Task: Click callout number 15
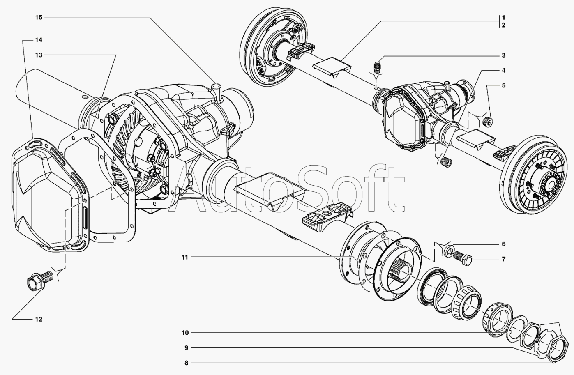pos(38,18)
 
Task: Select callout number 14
pos(38,40)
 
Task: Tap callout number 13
pos(38,55)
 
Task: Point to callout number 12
pos(38,320)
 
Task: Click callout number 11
pos(184,257)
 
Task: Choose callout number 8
pos(186,363)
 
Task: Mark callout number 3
pos(503,55)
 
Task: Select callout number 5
pos(503,85)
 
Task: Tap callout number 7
pos(503,259)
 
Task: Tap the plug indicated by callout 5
pos(489,121)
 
